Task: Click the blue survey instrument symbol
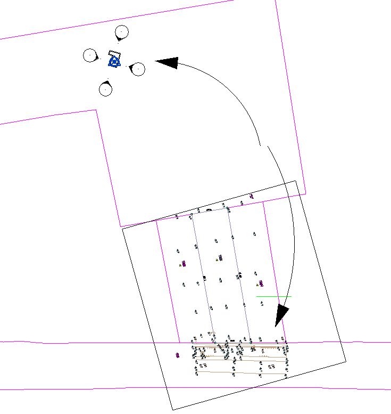114,62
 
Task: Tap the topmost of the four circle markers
122,33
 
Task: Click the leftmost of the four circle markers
90,55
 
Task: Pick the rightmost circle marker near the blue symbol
138,69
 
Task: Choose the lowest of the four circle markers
106,89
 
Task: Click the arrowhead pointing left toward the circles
166,62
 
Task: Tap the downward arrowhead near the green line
280,316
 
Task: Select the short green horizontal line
273,296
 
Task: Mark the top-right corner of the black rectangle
296,181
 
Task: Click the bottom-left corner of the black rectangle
172,410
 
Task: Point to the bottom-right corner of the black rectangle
346,360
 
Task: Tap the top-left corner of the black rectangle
123,229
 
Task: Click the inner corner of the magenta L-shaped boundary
96,110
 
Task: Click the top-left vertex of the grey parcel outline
192,214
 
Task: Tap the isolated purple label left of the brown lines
177,354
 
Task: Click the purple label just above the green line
261,283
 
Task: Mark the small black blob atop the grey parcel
209,210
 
